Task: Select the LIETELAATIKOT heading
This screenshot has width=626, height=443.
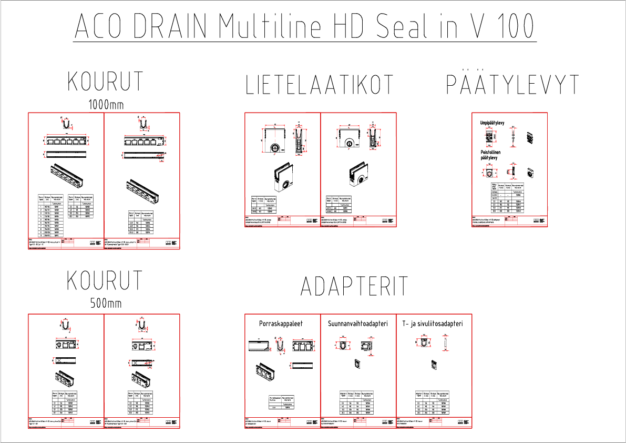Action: coord(320,85)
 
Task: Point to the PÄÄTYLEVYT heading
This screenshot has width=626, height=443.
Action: coord(512,85)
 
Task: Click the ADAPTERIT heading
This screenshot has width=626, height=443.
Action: coord(354,286)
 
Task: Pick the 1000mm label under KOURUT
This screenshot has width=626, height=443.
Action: coord(106,105)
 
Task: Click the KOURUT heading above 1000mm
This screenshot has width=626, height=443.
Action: coord(106,82)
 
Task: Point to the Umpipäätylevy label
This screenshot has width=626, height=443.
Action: coord(492,123)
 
